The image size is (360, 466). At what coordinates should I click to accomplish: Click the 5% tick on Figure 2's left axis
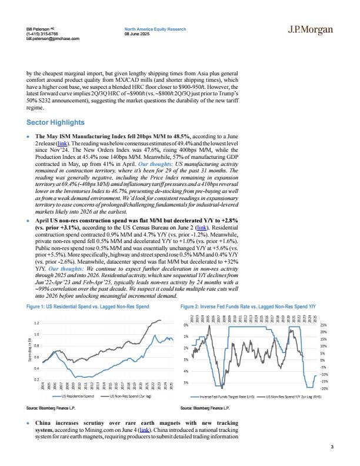[185, 383]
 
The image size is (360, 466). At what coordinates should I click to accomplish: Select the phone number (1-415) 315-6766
[42, 34]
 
